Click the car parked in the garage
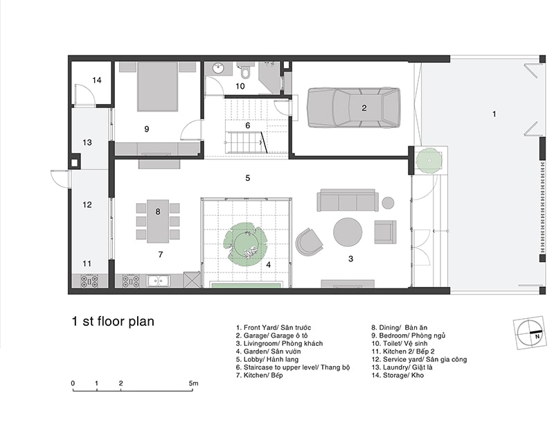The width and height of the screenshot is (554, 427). (x=354, y=107)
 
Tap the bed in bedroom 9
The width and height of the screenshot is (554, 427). (x=157, y=87)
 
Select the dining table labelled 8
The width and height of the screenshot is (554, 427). (x=158, y=221)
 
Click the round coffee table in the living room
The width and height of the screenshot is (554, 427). (x=348, y=232)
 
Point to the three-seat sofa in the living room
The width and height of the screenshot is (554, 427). (x=348, y=200)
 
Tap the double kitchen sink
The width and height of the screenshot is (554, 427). (x=159, y=281)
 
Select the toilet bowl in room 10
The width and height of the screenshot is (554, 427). (x=244, y=71)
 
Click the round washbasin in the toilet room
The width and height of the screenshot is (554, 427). (x=218, y=68)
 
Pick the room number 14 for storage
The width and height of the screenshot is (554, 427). (x=97, y=80)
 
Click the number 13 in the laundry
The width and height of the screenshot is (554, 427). (x=87, y=142)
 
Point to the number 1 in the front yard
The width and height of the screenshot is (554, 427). (x=494, y=114)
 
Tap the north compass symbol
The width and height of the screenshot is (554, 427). (x=529, y=333)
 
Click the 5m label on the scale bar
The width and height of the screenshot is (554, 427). (x=193, y=383)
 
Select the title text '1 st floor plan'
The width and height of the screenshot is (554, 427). (x=113, y=322)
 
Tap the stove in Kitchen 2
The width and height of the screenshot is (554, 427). (x=90, y=281)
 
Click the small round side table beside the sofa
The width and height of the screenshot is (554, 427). (x=388, y=202)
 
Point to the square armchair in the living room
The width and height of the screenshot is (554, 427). (x=385, y=232)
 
